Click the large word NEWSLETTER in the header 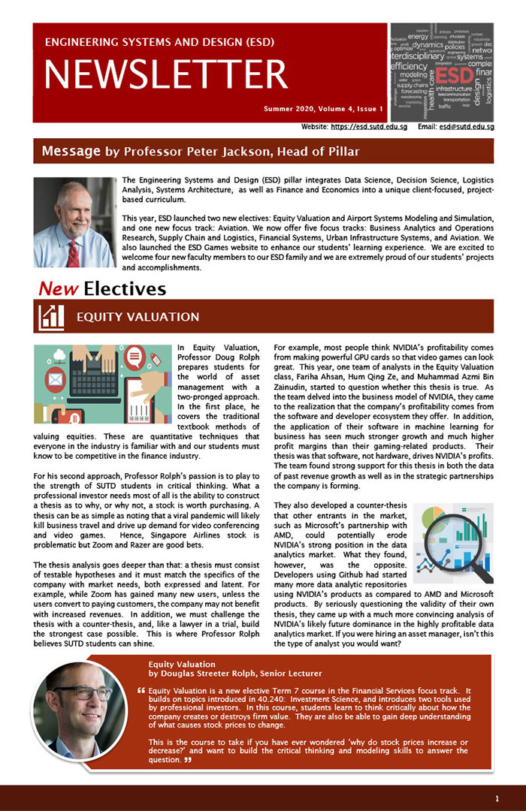click(166, 74)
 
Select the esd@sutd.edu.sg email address click(466, 127)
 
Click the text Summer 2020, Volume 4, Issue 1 click(323, 109)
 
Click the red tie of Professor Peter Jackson click(73, 252)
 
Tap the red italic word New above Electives click(59, 288)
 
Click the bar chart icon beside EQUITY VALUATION click(51, 317)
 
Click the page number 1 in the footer click(497, 797)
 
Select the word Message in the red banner click(71, 151)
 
